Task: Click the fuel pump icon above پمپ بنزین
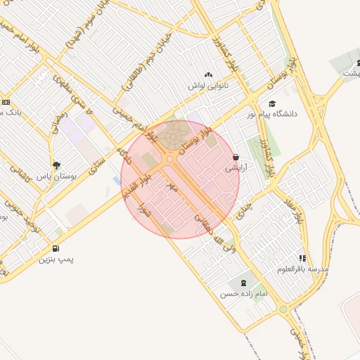[x=55, y=248]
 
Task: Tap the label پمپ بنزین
[x=56, y=259]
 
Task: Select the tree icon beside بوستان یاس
[x=56, y=165]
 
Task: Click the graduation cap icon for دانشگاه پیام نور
[x=271, y=104]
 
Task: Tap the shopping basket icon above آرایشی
[x=235, y=158]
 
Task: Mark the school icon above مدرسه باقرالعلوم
[x=302, y=258]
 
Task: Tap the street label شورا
[x=146, y=209]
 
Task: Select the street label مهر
[x=169, y=187]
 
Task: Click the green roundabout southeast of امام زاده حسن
[x=283, y=309]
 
